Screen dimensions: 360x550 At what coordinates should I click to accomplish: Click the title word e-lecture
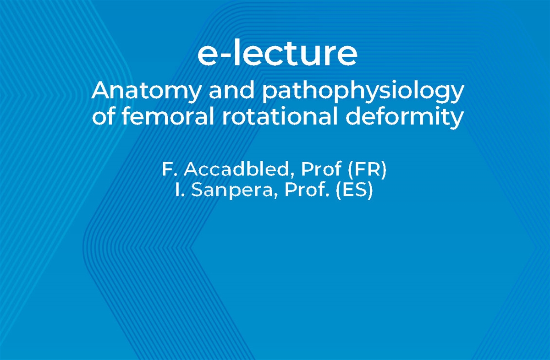(277, 54)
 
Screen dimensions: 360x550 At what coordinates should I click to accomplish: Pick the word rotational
(280, 117)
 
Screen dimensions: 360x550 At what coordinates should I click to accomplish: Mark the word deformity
(404, 118)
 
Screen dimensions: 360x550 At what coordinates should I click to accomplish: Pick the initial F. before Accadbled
(170, 170)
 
